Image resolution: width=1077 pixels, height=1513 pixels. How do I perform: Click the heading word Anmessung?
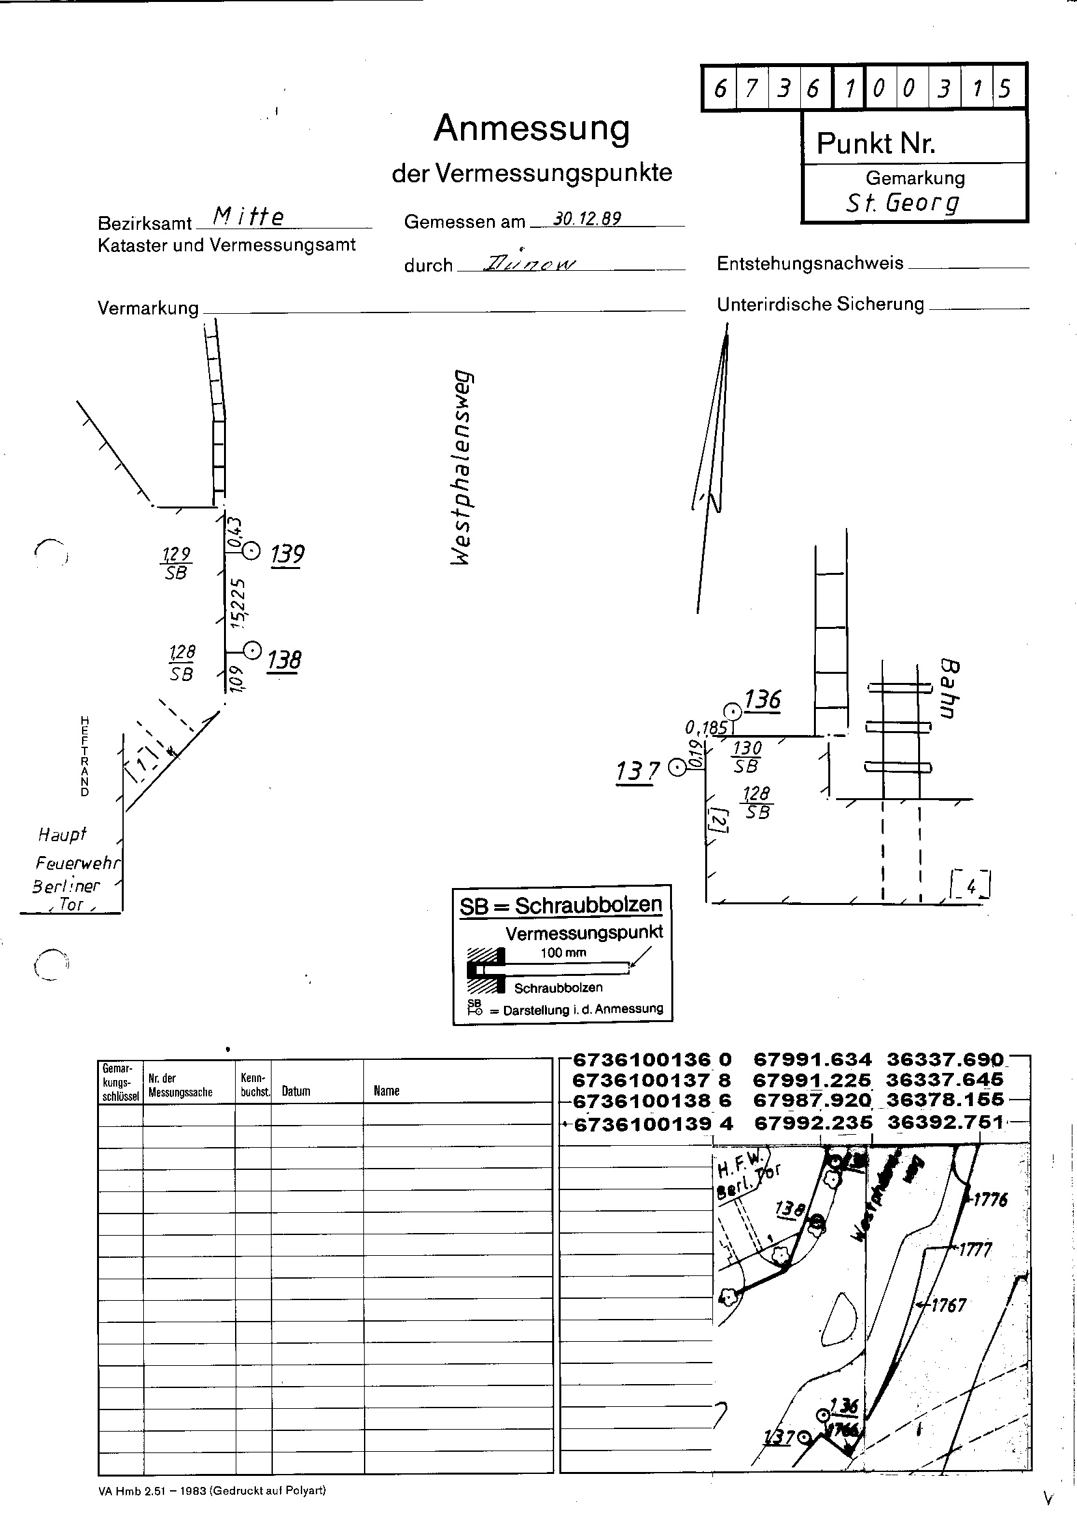coord(531,130)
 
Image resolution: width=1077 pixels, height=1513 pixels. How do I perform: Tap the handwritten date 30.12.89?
coord(587,218)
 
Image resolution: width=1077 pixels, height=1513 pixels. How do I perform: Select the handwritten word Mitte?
coord(249,216)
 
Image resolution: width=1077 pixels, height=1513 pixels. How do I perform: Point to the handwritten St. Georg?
coord(902,202)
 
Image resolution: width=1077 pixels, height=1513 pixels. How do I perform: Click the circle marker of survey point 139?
coord(251,550)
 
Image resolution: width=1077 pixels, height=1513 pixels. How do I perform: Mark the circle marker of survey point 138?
coord(252,650)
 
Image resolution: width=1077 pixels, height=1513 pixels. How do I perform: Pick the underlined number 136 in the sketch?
coord(762,700)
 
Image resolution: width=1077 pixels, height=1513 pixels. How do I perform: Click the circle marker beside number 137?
coord(677,768)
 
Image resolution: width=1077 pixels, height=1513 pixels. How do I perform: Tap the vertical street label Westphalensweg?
coord(462,467)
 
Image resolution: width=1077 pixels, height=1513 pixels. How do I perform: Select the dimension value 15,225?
coord(238,603)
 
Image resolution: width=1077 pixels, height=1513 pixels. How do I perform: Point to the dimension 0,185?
coord(706,728)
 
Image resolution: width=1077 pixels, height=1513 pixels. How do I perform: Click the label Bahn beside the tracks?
coord(949,688)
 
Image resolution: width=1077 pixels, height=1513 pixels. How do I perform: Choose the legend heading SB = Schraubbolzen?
coord(561,906)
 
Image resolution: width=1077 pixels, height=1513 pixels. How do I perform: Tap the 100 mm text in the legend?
coord(563,952)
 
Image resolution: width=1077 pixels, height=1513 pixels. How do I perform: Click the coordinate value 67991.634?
coord(813,1060)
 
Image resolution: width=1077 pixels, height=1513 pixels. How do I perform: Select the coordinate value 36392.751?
coord(945,1122)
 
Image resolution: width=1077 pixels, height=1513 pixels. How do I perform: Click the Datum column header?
coord(296,1091)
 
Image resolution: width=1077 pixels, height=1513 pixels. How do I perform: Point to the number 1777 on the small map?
coord(974,1250)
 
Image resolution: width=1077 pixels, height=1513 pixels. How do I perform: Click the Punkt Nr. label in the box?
coord(875,143)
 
